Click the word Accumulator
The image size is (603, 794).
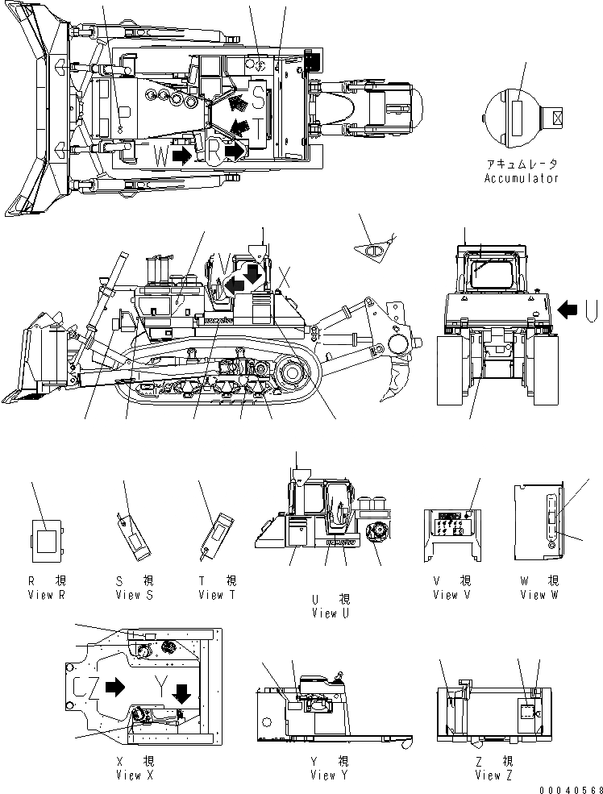coord(521,178)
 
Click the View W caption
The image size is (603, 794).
coord(539,595)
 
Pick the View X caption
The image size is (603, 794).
coord(139,775)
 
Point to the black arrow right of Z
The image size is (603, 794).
coord(115,687)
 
